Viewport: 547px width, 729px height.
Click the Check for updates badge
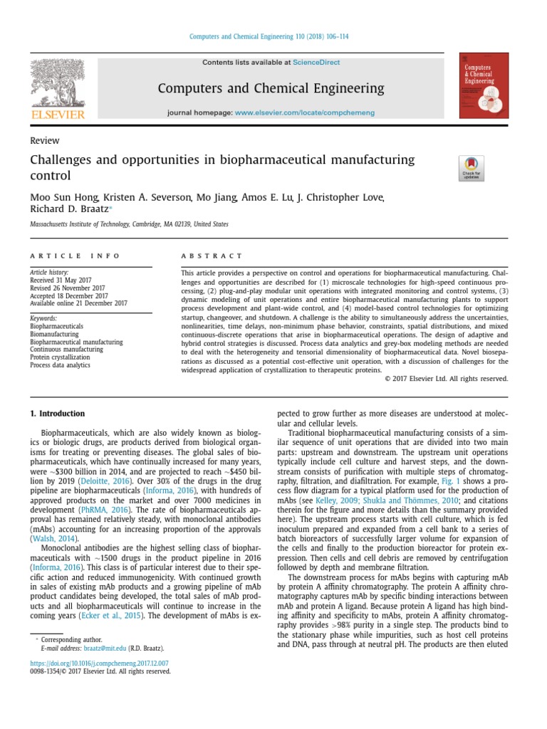472,168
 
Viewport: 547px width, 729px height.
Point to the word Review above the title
44,141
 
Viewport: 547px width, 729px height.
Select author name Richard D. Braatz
68,209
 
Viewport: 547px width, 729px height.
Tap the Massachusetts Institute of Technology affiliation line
129,224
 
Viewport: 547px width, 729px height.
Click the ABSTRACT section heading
212,256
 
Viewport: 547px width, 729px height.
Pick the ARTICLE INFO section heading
75,256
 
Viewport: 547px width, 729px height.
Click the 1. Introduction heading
57,414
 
